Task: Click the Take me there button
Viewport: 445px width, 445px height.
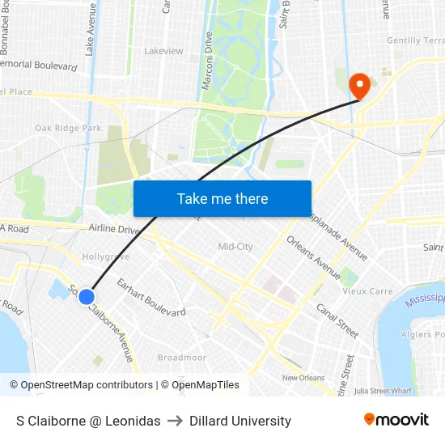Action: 222,198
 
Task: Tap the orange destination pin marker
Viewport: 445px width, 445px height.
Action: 358,85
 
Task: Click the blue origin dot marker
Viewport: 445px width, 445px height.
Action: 87,297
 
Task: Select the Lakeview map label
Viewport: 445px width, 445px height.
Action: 163,50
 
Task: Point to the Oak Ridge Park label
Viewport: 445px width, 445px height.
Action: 68,128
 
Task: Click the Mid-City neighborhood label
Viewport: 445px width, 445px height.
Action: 235,246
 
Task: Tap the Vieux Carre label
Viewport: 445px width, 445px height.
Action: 367,291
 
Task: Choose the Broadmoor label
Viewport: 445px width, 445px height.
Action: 182,357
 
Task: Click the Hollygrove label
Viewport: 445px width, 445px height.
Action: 106,256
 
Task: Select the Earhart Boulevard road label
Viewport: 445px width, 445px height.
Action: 151,297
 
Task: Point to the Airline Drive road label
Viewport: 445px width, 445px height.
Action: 115,230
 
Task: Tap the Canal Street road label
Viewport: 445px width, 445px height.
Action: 337,320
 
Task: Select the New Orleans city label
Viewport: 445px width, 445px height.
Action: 303,378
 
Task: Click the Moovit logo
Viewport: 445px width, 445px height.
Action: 396,420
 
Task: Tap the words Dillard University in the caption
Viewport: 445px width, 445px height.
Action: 240,421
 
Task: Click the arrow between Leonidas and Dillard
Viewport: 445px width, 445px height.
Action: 175,421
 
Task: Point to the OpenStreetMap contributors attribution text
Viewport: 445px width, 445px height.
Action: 87,385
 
